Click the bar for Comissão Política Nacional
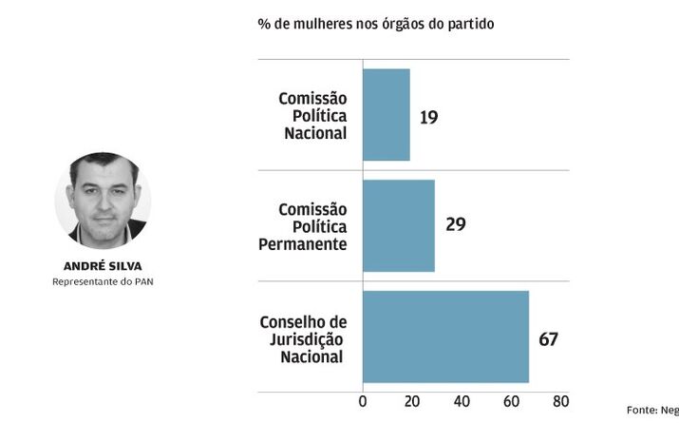click(386, 115)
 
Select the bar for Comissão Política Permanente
click(398, 225)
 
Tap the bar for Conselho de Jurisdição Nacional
click(445, 336)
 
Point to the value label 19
click(428, 117)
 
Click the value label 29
click(455, 225)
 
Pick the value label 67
click(548, 338)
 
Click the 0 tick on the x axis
click(363, 402)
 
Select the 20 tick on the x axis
click(411, 402)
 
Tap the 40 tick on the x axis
click(462, 402)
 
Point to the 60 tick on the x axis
click(511, 402)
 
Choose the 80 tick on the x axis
click(560, 402)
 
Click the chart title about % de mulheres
click(375, 23)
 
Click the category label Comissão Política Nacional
click(312, 116)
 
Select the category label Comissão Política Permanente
click(303, 226)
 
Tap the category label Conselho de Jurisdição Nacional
click(303, 339)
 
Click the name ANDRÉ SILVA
click(103, 266)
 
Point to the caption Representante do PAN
click(103, 282)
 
